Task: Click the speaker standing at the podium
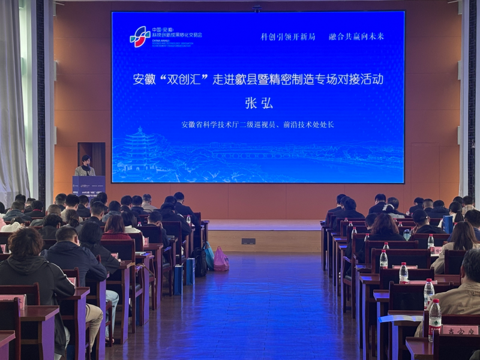pyautogui.click(x=85, y=166)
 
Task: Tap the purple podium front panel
pyautogui.click(x=88, y=185)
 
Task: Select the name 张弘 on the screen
pyautogui.click(x=259, y=103)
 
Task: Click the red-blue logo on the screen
pyautogui.click(x=140, y=37)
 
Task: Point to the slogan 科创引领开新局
pyautogui.click(x=287, y=37)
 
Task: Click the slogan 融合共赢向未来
pyautogui.click(x=356, y=37)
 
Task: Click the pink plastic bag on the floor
pyautogui.click(x=221, y=260)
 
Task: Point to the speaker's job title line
pyautogui.click(x=257, y=125)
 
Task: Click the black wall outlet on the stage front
pyautogui.click(x=248, y=241)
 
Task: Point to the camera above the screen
pyautogui.click(x=257, y=8)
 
